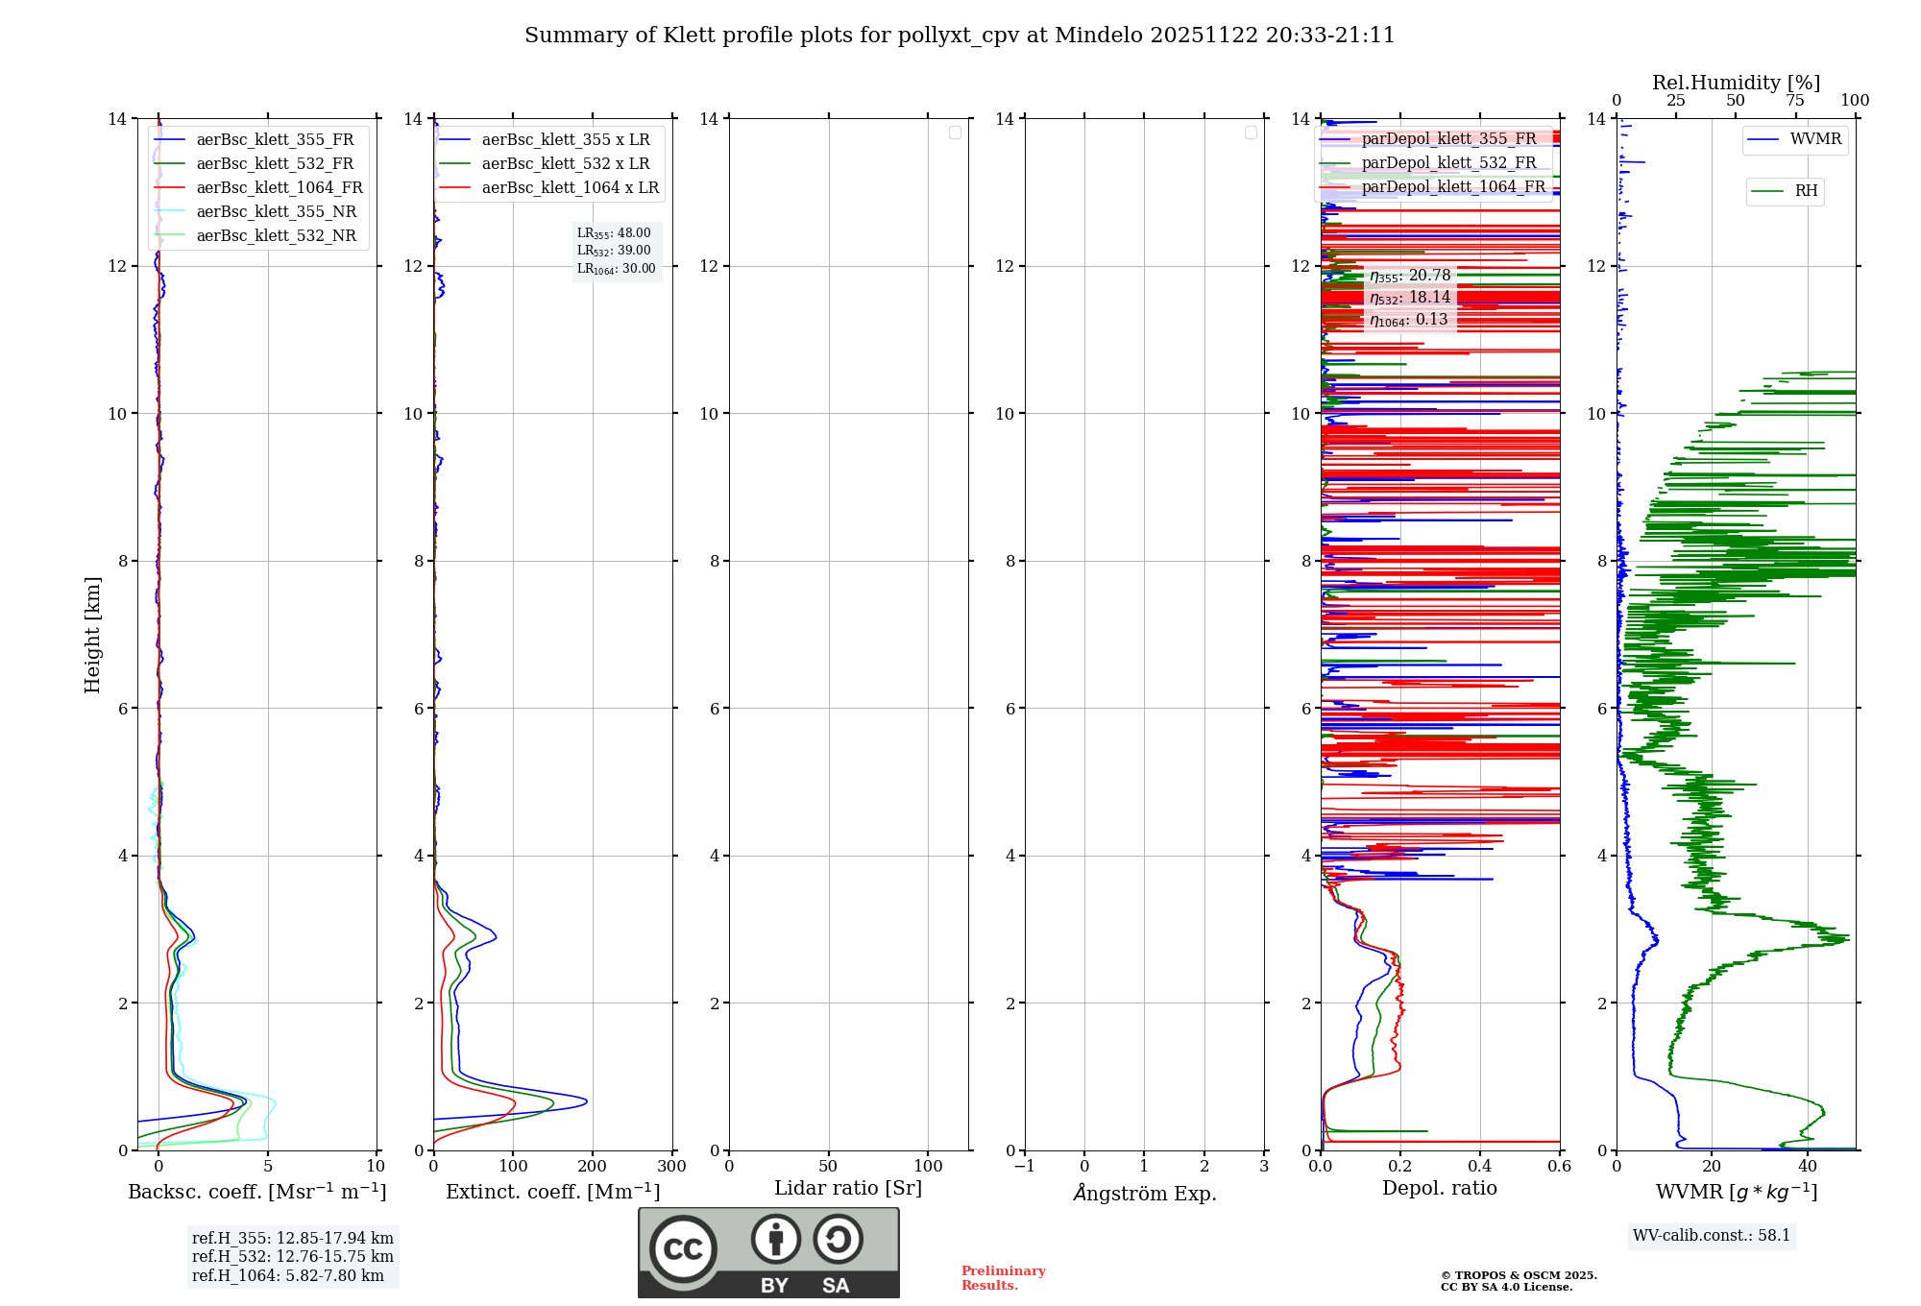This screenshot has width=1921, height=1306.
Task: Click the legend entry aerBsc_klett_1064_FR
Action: click(x=279, y=188)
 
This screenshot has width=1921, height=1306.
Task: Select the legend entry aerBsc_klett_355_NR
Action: click(x=276, y=212)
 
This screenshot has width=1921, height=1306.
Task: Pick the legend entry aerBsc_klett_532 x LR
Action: click(x=565, y=164)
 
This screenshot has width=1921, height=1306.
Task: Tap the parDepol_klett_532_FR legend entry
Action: click(x=1448, y=163)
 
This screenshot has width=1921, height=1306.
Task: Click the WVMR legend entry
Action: click(x=1815, y=139)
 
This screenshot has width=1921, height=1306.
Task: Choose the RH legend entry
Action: click(x=1806, y=191)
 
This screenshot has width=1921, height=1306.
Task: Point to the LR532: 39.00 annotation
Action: click(x=614, y=251)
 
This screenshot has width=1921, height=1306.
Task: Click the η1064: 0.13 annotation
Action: click(x=1408, y=320)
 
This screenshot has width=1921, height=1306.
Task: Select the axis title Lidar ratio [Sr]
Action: click(x=847, y=1189)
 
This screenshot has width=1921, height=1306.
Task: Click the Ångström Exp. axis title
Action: click(x=1144, y=1194)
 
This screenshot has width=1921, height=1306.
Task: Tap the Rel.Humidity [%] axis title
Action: click(x=1736, y=83)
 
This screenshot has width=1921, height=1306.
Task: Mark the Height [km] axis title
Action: click(x=92, y=635)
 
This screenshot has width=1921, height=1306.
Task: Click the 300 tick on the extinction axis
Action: click(x=671, y=1167)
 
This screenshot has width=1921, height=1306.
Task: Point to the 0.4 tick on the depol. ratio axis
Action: click(x=1479, y=1167)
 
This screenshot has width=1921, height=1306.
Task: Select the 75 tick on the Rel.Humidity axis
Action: click(x=1794, y=100)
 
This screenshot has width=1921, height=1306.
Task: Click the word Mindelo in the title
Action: click(x=1096, y=36)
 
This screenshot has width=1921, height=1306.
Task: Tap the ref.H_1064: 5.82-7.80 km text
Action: click(x=287, y=1276)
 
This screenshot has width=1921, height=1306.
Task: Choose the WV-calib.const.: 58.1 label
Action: click(x=1711, y=1236)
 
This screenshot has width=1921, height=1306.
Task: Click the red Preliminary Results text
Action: click(x=1003, y=1278)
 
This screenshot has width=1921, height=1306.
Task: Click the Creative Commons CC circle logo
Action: click(x=683, y=1249)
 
